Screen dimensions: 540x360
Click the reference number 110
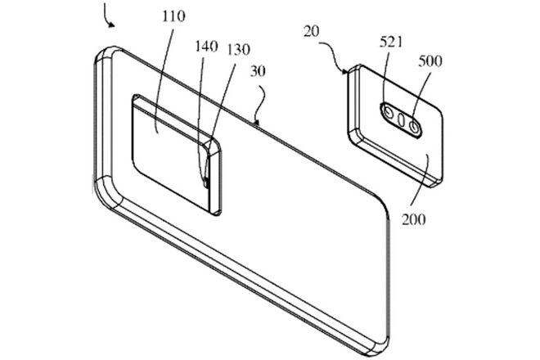coord(173,16)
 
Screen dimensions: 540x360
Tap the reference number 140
coord(207,46)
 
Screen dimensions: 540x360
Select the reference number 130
coord(238,50)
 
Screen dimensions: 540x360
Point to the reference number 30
coord(258,71)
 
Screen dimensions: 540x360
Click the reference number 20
coord(312,31)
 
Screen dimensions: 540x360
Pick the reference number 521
coord(391,42)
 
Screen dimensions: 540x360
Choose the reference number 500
coord(430,61)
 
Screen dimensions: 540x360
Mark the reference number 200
coord(414,219)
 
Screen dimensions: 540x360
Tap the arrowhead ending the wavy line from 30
coord(256,122)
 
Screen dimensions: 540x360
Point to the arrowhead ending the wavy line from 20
coord(345,72)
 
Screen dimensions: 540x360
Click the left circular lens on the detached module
coord(389,112)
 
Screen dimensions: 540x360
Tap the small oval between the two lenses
coord(401,119)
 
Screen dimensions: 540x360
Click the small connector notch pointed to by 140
coord(205,182)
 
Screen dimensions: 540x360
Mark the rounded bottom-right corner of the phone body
coord(380,346)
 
